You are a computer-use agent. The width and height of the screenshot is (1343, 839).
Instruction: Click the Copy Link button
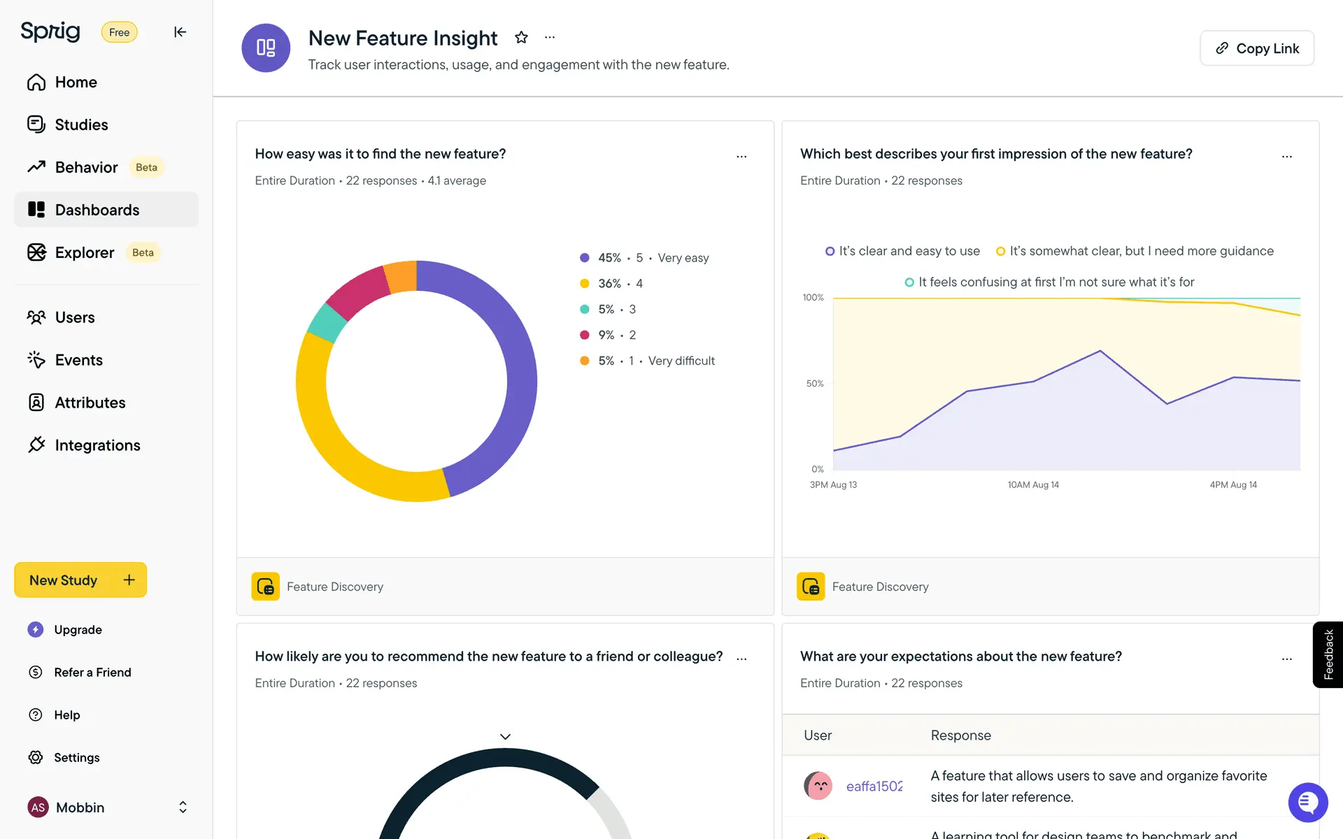point(1256,48)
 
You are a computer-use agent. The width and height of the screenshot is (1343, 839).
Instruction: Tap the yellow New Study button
point(80,580)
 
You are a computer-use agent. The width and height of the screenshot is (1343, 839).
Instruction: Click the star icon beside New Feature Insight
point(521,38)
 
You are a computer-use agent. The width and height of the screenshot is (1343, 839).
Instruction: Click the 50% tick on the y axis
point(815,384)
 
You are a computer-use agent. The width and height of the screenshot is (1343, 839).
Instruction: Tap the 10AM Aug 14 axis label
point(1033,485)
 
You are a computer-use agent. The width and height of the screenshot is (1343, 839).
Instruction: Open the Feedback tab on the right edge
point(1328,654)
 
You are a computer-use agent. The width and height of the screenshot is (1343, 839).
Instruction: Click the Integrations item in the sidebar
point(97,445)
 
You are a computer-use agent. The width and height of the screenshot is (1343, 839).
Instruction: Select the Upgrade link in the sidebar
point(78,630)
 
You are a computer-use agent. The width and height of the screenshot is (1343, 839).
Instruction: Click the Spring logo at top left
point(50,31)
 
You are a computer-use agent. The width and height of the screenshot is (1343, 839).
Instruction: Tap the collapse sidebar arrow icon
point(180,32)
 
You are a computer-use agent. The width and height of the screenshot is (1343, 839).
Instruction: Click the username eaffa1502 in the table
point(874,787)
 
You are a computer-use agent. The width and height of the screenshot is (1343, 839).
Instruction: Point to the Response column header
point(960,736)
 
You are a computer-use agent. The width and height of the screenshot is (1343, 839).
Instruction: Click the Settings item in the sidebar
point(76,758)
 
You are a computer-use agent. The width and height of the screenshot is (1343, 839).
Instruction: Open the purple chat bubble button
point(1307,802)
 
